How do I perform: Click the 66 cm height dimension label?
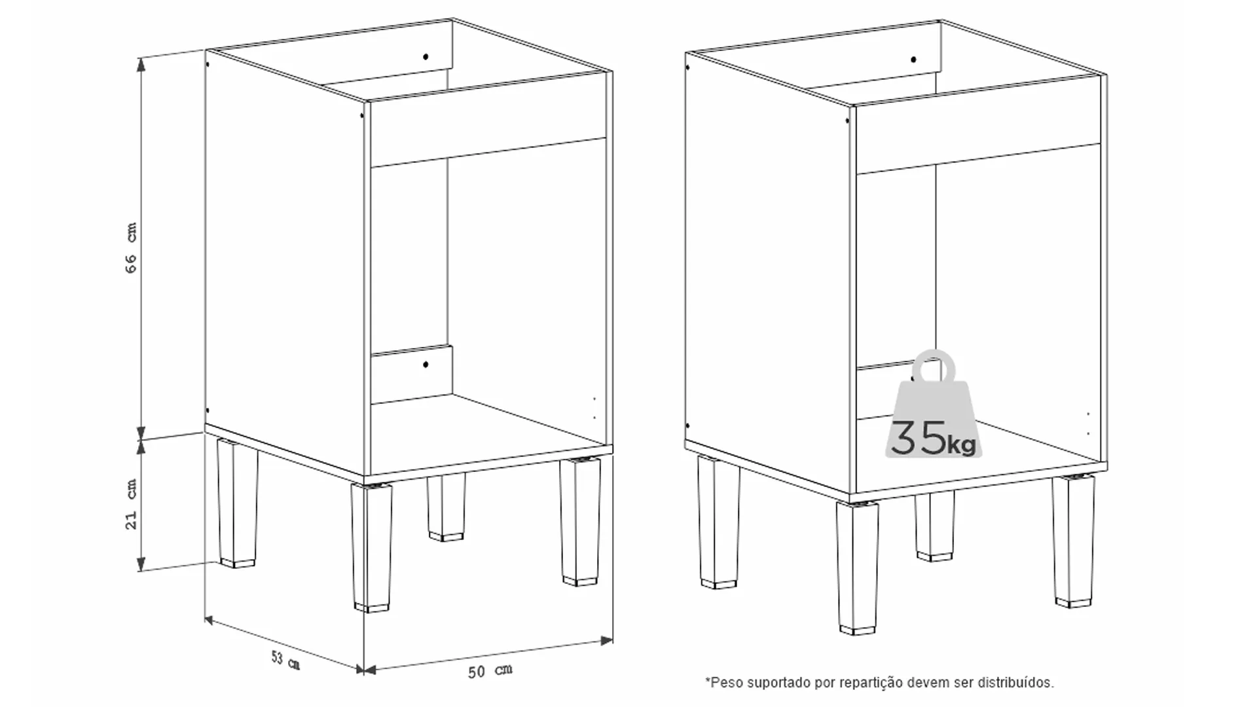pyautogui.click(x=132, y=247)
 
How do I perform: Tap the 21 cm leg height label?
pyautogui.click(x=132, y=504)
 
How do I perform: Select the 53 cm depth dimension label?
pyautogui.click(x=285, y=660)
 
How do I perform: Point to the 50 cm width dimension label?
pyautogui.click(x=490, y=671)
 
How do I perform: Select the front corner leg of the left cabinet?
pyautogui.click(x=372, y=547)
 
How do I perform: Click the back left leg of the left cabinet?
pyautogui.click(x=237, y=503)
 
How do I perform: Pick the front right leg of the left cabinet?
pyautogui.click(x=580, y=522)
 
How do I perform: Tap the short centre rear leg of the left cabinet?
pyautogui.click(x=446, y=507)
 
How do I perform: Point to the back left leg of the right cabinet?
pyautogui.click(x=718, y=521)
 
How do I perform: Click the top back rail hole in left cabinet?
pyautogui.click(x=426, y=57)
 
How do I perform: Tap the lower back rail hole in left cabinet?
pyautogui.click(x=426, y=364)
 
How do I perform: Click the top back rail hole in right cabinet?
pyautogui.click(x=913, y=60)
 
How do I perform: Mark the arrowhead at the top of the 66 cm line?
pyautogui.click(x=141, y=63)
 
